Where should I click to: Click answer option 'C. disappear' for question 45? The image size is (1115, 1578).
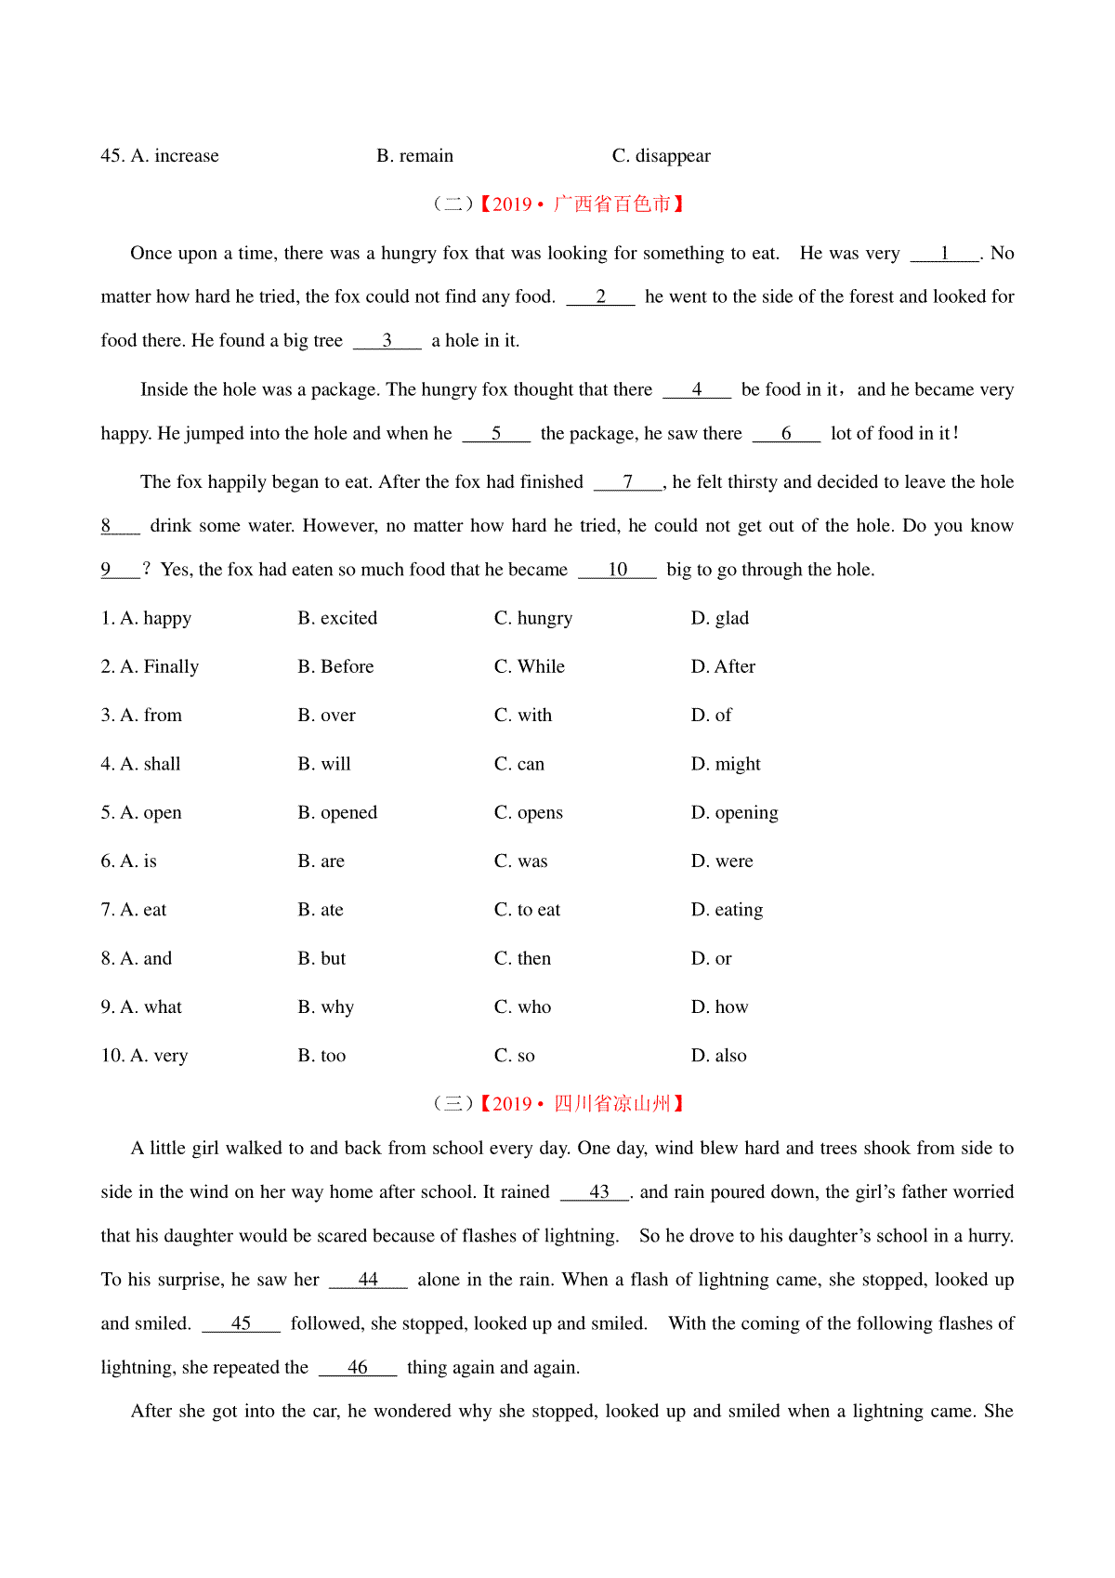click(x=661, y=156)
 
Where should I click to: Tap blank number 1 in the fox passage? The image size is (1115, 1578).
click(x=944, y=254)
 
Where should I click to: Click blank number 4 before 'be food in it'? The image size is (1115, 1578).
click(x=696, y=390)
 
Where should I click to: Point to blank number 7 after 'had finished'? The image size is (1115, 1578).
click(x=627, y=482)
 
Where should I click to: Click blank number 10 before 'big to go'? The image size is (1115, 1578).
click(x=617, y=570)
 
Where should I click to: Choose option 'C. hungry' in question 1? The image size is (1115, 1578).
click(x=533, y=619)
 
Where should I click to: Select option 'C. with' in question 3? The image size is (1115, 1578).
click(x=523, y=716)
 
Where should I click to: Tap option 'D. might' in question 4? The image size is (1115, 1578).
click(x=726, y=765)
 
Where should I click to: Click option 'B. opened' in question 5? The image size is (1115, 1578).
click(x=337, y=813)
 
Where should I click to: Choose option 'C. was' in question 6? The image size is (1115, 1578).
click(x=521, y=861)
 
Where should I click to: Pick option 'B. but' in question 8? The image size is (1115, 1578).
click(x=321, y=959)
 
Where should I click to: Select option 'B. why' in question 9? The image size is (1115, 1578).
click(x=325, y=1007)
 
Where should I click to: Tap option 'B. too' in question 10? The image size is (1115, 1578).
click(x=321, y=1056)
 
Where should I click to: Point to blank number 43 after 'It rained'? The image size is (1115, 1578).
click(x=598, y=1192)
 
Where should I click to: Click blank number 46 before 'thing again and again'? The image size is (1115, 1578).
click(x=357, y=1368)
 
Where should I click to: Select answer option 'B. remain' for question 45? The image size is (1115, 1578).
click(x=414, y=156)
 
